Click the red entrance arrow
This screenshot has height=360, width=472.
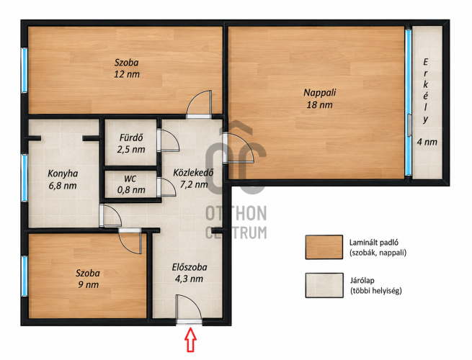pos(190,340)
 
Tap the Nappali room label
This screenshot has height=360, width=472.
pos(320,93)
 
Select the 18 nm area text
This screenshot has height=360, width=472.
pos(320,105)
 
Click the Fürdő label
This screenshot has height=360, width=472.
pos(131,138)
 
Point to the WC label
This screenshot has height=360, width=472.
pos(130,179)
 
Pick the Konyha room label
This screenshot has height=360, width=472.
pos(63,174)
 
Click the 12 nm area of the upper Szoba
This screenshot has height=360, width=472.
pos(127,74)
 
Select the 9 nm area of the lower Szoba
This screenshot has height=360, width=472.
pos(88,284)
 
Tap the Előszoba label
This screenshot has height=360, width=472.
pos(190,267)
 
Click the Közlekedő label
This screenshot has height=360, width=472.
pos(194,173)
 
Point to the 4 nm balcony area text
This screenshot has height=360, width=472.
pos(427,142)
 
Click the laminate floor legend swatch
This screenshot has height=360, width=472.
pos(324,247)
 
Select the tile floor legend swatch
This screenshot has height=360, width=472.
pos(324,285)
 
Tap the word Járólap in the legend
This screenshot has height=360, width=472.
pos(362,281)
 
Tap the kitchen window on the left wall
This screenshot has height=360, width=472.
pos(25,178)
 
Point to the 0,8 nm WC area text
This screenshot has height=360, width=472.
pos(131,190)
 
